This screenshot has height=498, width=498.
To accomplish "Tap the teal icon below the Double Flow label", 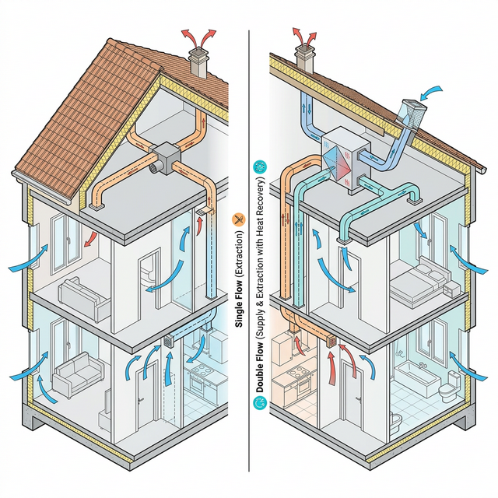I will [258, 403].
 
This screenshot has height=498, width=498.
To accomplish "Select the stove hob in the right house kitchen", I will [298, 373].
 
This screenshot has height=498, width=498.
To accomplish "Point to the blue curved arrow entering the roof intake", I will [432, 94].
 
